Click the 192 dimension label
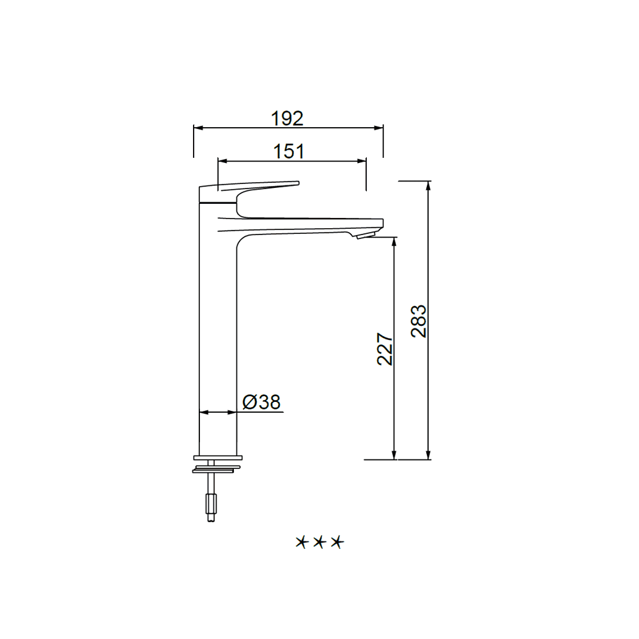coord(288,118)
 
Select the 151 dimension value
coord(289,151)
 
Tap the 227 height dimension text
coord(385,349)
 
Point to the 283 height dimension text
coord(419,321)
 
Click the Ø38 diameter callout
coord(261,402)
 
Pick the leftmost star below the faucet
coord(301,542)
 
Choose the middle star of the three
coord(319,542)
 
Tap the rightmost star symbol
coord(337,542)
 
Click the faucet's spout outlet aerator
coord(366,235)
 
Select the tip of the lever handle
coord(298,183)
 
